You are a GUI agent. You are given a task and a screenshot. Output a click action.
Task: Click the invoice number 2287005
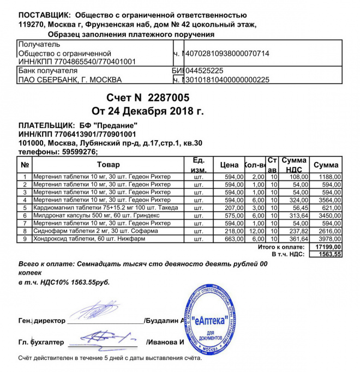[169, 98]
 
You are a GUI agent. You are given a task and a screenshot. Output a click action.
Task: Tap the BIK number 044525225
[205, 71]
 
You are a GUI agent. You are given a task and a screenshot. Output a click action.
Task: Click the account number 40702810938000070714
[227, 53]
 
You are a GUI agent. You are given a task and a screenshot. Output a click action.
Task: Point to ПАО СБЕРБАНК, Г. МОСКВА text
[70, 80]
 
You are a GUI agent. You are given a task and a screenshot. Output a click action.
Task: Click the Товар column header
[108, 164]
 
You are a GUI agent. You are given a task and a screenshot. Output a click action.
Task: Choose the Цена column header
[230, 164]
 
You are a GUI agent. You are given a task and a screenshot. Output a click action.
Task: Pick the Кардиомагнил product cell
[101, 208]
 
